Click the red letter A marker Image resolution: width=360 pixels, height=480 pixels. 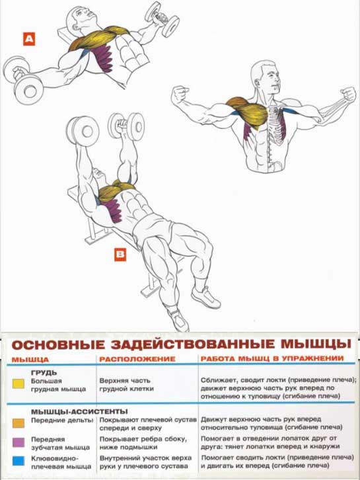[29, 39]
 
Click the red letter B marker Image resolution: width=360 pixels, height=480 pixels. [120, 255]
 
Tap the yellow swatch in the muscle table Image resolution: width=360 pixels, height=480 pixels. [18, 383]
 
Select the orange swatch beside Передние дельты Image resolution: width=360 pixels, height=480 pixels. [18, 422]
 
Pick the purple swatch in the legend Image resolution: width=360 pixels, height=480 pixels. [18, 442]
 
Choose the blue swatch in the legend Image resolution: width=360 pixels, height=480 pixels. [18, 461]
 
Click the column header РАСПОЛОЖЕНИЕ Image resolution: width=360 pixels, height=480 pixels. [137, 359]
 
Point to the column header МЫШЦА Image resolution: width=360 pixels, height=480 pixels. [30, 360]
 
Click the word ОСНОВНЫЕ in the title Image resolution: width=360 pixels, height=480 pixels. [58, 345]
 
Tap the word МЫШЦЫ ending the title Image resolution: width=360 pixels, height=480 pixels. [315, 344]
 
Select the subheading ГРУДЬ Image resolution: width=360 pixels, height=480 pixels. [44, 373]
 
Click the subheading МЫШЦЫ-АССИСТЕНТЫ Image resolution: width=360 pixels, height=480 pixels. [79, 412]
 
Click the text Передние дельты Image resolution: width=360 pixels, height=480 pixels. [62, 420]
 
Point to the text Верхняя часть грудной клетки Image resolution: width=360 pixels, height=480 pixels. [127, 385]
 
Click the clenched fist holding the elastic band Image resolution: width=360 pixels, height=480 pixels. [348, 94]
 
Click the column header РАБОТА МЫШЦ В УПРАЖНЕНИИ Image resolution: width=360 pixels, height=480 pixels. [272, 358]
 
